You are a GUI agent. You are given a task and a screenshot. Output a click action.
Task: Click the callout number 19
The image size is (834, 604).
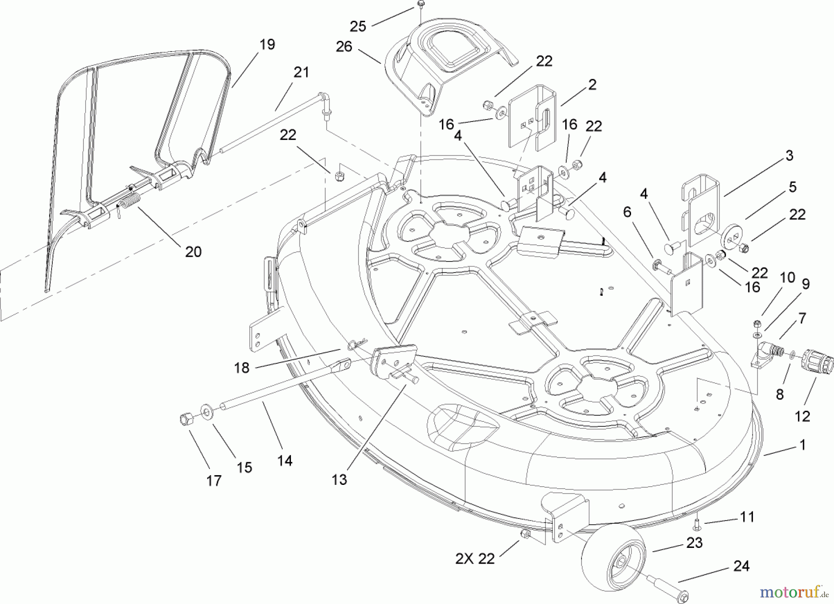click(267, 45)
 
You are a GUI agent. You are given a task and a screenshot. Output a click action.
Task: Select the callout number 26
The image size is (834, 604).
click(344, 46)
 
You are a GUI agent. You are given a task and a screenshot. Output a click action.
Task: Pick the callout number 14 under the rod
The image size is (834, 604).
click(285, 460)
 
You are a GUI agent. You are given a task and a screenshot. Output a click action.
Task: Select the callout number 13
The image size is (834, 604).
click(339, 479)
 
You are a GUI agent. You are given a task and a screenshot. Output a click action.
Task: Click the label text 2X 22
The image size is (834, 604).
click(475, 559)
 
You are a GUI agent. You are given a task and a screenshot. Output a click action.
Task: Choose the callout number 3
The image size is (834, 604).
click(789, 155)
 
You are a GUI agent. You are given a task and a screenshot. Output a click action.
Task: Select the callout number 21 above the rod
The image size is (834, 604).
click(301, 72)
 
